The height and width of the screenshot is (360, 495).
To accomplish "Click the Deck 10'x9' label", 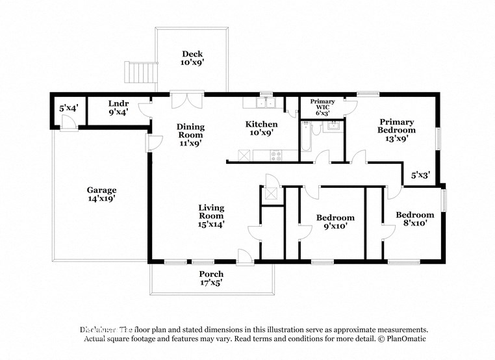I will (x=192, y=58).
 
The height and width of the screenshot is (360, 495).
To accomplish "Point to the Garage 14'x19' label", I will (x=101, y=195).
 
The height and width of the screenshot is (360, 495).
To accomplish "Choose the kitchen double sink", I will (x=266, y=103).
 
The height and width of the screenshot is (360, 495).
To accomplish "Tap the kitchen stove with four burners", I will (x=275, y=155).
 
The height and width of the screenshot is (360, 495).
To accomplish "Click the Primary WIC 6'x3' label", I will (x=322, y=107).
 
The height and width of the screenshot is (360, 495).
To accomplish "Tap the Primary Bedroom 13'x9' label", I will (x=396, y=130).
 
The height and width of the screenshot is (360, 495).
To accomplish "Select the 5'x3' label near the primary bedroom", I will (x=420, y=175).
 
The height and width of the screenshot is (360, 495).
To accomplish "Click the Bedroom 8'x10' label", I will (x=414, y=219).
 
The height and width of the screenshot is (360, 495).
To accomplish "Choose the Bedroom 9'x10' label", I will (x=335, y=222).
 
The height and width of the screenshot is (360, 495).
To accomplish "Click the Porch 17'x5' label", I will (x=211, y=278).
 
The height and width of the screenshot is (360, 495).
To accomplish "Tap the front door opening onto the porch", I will (x=244, y=258).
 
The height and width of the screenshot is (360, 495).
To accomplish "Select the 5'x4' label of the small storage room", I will (x=68, y=109).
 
